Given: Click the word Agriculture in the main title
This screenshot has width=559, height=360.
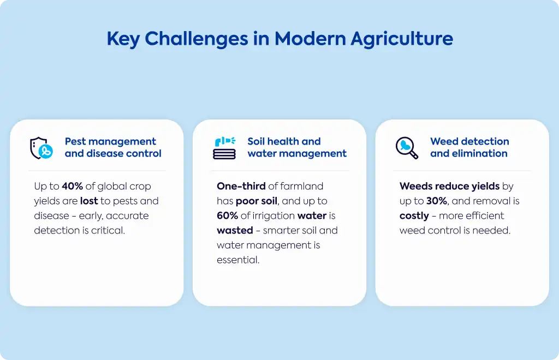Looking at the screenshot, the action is click(402, 39).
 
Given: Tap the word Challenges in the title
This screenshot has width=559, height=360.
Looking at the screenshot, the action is click(197, 39).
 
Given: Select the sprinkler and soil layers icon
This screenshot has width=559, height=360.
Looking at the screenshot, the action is click(224, 148).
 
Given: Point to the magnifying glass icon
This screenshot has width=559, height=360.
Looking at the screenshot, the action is click(407, 148).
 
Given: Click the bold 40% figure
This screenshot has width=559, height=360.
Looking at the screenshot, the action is click(73, 186).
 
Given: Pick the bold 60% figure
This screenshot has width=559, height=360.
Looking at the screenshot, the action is click(228, 216).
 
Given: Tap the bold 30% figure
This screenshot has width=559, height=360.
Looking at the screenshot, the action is click(437, 201).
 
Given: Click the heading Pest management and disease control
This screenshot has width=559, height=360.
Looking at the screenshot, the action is click(113, 147).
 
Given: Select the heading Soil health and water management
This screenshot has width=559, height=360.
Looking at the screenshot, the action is click(297, 147).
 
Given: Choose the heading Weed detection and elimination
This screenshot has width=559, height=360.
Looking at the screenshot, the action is click(469, 147).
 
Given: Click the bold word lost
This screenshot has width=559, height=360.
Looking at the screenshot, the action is click(89, 201).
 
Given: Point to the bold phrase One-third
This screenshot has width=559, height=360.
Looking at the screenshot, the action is click(241, 186).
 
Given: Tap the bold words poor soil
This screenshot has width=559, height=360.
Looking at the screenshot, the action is click(257, 201).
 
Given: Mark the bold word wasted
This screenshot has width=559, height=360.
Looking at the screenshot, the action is click(235, 230).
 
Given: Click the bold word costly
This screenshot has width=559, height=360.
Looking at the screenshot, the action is click(414, 216).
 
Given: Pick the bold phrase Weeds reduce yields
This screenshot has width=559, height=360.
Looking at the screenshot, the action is click(450, 187).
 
